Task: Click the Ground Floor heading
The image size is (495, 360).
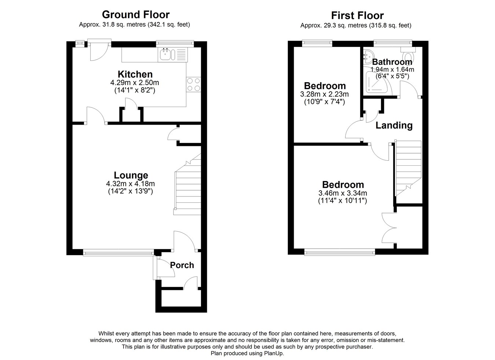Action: pos(135,15)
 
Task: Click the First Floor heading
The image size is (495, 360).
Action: pos(357,15)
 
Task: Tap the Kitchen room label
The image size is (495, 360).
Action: pos(135,74)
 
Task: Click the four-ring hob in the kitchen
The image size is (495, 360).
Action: pos(194,85)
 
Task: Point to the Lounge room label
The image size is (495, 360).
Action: pos(131,176)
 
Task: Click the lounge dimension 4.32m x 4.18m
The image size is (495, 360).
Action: pos(130,184)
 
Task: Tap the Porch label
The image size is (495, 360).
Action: pos(182,265)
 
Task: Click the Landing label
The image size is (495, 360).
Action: pos(394,125)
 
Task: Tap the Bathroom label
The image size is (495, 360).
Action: pos(392,62)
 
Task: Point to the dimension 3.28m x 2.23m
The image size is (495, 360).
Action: pos(324,94)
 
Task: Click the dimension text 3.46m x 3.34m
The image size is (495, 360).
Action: pos(342,193)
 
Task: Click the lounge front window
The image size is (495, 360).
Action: pos(118,252)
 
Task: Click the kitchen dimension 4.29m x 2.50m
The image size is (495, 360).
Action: pos(135,82)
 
